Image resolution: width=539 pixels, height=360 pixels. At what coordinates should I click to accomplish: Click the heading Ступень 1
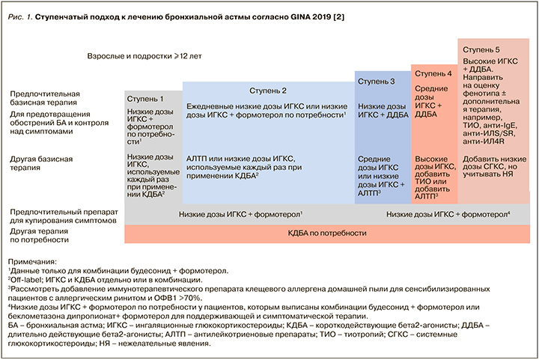(145, 99)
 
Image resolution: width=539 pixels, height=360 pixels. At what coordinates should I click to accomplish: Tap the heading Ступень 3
(376, 81)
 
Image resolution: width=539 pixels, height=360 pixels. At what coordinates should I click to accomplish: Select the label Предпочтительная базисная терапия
(46, 100)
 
